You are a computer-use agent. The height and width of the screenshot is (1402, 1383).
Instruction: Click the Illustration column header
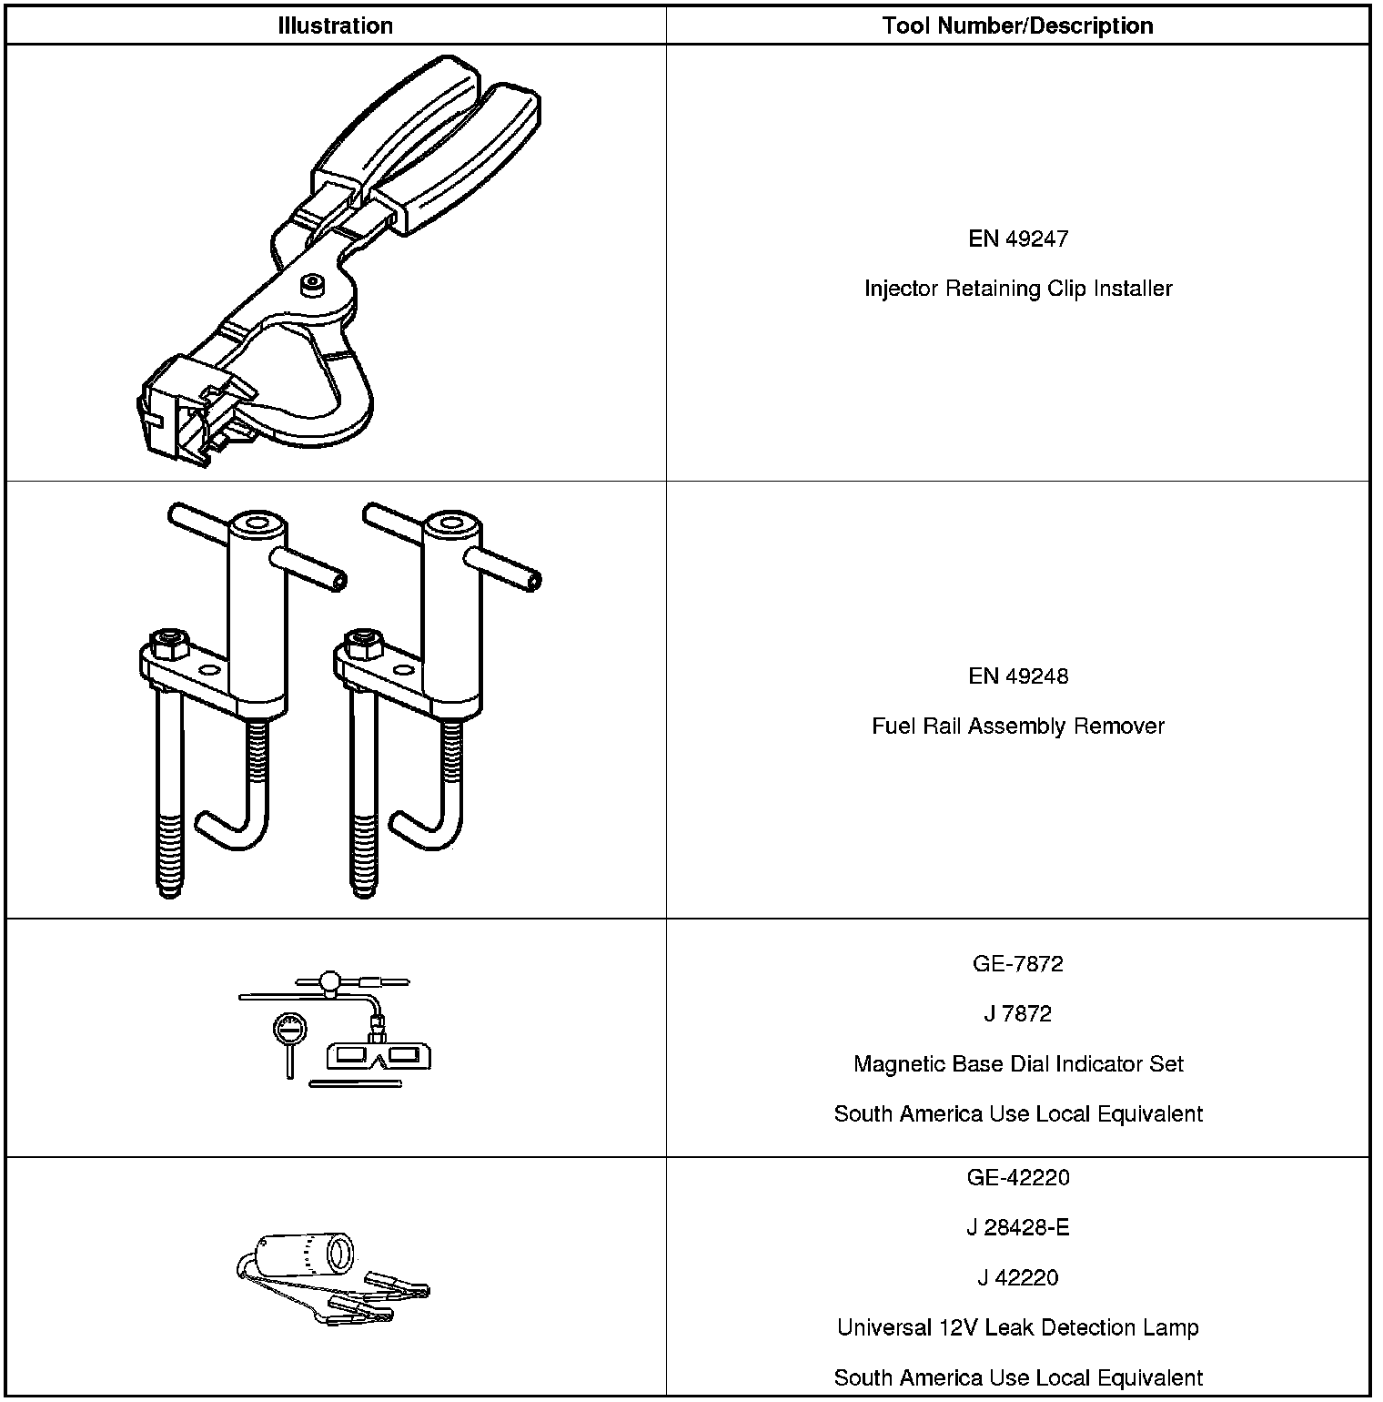point(335,25)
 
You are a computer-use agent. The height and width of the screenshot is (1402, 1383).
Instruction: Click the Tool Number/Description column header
point(1017,25)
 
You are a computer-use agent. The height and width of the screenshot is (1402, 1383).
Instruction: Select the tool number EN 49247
point(1017,239)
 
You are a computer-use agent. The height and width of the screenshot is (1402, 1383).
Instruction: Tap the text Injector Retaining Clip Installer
point(1017,289)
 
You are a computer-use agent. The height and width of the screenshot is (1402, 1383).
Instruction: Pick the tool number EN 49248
point(1017,676)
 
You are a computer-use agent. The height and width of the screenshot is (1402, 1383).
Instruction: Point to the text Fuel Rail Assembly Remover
point(1017,726)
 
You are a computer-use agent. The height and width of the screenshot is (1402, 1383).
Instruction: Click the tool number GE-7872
point(1017,964)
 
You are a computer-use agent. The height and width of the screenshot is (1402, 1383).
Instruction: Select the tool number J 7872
point(1017,1014)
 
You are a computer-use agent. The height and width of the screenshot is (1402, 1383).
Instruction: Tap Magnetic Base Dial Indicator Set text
point(1017,1064)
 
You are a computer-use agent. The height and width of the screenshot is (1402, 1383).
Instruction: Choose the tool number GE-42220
point(1017,1178)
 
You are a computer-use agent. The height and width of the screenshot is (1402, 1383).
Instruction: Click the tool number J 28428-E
point(1017,1228)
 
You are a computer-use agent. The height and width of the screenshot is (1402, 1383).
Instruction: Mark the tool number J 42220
point(1017,1278)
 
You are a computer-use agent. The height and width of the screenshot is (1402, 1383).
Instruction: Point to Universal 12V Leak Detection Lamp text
point(1017,1328)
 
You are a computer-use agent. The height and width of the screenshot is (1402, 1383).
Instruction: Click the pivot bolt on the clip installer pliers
point(312,283)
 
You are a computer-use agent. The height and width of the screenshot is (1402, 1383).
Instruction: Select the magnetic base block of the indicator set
point(379,1055)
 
